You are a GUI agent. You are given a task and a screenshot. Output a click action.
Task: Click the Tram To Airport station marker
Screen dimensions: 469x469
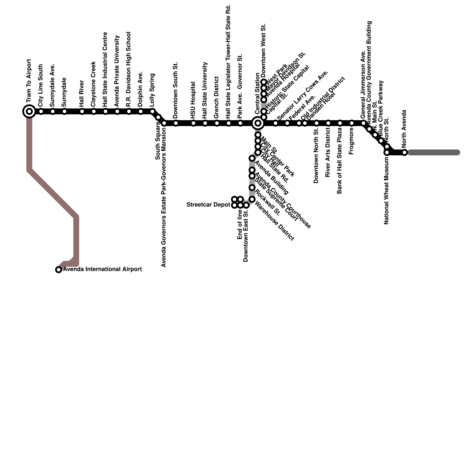pos(29,111)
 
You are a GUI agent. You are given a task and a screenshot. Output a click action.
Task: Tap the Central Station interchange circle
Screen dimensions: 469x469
pos(258,123)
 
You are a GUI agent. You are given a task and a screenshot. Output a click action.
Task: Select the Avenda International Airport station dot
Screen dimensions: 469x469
pos(59,270)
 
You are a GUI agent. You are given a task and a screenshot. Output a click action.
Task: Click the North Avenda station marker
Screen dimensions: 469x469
pos(405,152)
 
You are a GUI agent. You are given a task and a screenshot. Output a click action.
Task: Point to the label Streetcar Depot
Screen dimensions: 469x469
pos(208,205)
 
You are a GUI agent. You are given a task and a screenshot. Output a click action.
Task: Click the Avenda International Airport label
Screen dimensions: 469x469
pos(103,269)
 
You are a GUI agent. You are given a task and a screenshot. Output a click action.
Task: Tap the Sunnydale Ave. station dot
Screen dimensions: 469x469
pos(53,111)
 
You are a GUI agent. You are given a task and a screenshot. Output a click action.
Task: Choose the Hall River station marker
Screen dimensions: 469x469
pos(82,111)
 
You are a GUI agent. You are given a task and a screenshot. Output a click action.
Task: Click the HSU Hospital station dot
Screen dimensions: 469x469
pos(193,123)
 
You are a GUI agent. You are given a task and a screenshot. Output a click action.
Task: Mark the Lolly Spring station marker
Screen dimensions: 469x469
pos(152,111)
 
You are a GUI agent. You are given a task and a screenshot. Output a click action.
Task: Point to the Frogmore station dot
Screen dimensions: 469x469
pos(352,123)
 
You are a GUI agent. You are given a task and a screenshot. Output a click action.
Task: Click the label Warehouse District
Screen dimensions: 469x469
pos(274,220)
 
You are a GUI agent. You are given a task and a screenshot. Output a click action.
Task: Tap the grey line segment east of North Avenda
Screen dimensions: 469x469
pos(434,152)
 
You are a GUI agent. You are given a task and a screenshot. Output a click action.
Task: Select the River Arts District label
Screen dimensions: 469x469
pos(328,152)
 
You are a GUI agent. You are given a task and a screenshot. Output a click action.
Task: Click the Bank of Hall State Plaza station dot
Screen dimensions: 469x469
pos(340,123)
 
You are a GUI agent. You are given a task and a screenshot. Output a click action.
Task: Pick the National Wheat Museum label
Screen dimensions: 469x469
pos(387,191)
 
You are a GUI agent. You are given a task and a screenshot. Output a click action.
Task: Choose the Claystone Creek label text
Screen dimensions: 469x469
pos(94,84)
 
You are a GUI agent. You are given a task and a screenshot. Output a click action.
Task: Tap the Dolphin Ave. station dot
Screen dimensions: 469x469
pos(141,111)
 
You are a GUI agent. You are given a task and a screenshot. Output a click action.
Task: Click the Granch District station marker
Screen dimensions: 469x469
pos(217,123)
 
